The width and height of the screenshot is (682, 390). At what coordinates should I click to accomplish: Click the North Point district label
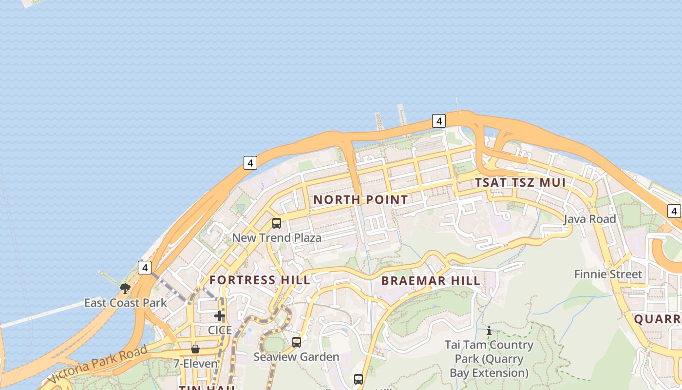point(360,199)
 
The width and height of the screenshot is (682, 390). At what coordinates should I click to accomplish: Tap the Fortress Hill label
point(260,280)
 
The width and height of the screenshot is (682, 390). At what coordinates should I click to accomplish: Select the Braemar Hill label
point(431,281)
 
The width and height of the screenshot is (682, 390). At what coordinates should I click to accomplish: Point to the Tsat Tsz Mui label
point(520,183)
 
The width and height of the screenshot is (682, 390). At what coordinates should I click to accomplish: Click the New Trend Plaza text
point(277,238)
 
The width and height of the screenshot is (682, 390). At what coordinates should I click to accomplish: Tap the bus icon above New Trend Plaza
point(277,223)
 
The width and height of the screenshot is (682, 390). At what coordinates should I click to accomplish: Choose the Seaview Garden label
point(296,357)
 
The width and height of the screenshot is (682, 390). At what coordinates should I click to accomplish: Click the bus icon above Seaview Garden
point(297,342)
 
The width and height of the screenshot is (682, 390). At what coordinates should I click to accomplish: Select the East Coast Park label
point(125,303)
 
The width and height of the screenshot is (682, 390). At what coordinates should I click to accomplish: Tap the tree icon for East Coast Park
point(125,289)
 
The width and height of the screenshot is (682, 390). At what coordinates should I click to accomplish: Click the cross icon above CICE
point(220,316)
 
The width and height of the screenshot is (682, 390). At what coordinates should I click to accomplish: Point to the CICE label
point(220,330)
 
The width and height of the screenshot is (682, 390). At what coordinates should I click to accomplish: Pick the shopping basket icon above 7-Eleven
point(195,349)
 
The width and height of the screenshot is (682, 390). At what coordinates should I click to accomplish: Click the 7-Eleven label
point(195,364)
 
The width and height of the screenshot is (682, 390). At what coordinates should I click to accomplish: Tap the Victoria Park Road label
point(97,365)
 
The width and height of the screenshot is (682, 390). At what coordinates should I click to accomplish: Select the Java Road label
point(590,219)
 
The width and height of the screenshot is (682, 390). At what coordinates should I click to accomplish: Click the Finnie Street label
point(608,274)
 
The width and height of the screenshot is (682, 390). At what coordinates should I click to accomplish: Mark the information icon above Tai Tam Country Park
point(489,331)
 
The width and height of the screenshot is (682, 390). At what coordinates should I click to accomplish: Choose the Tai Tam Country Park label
point(489,359)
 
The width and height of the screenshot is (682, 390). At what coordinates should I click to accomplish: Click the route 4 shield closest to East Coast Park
point(145,267)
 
